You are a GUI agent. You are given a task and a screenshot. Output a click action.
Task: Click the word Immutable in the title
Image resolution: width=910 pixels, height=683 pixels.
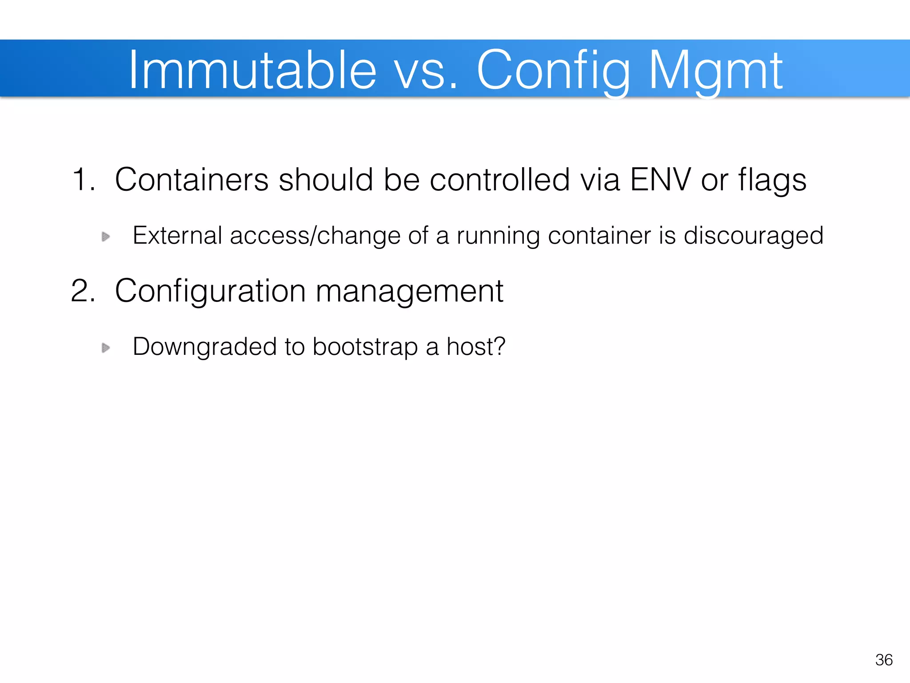pos(252,70)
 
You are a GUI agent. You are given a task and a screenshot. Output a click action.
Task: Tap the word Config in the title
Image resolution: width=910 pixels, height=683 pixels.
pos(553,70)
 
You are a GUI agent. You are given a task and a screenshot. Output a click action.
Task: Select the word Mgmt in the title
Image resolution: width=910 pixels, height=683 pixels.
pos(715,70)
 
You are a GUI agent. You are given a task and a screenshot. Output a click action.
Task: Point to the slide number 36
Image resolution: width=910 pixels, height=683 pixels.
pos(884,660)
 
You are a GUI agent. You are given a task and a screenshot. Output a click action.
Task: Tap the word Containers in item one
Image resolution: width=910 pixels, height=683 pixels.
pos(192,180)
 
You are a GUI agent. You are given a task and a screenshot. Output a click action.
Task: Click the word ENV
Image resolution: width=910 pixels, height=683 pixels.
pos(660,180)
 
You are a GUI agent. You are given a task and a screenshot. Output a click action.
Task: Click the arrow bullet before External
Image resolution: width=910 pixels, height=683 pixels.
pos(106,236)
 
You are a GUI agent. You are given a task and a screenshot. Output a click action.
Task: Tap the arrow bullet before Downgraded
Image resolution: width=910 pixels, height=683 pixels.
pos(106,347)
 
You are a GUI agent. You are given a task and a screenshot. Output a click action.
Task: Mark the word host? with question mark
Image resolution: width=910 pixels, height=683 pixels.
pos(476,346)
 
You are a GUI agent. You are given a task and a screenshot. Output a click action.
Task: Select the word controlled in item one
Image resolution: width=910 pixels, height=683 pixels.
pos(499,180)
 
